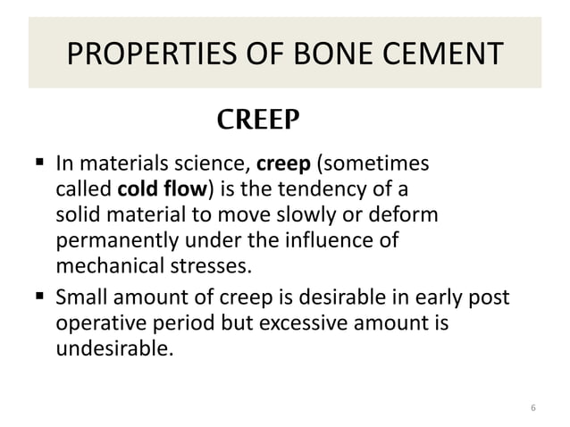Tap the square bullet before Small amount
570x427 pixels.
(41, 296)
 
